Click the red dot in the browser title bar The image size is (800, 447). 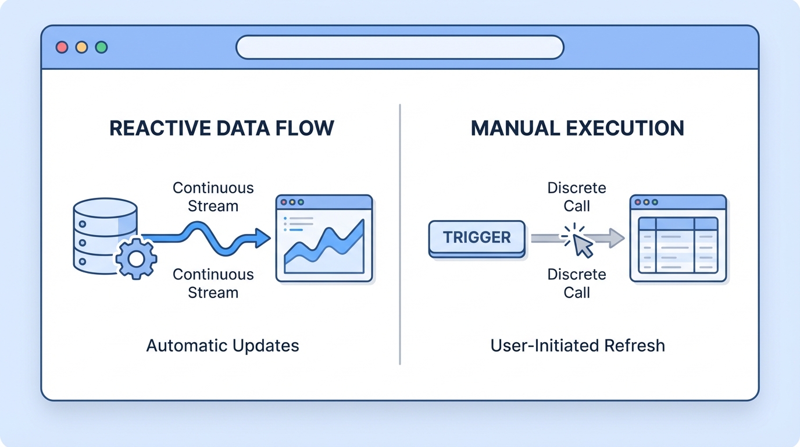click(62, 47)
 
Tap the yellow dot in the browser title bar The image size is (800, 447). click(82, 47)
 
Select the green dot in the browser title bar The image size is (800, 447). click(102, 47)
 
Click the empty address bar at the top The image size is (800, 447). click(400, 47)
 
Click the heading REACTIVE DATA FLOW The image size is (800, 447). click(222, 128)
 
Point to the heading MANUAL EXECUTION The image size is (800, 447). click(577, 128)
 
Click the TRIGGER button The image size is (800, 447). click(477, 237)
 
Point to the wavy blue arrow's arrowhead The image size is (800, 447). click(262, 237)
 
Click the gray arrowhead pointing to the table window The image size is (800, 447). click(616, 237)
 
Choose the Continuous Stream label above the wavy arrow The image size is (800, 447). click(213, 197)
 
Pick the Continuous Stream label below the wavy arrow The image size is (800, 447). click(213, 283)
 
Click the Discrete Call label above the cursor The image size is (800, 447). click(577, 197)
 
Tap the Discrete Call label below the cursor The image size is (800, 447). click(577, 283)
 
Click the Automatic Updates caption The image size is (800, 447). click(223, 346)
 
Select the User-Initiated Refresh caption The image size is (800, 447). click(577, 346)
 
